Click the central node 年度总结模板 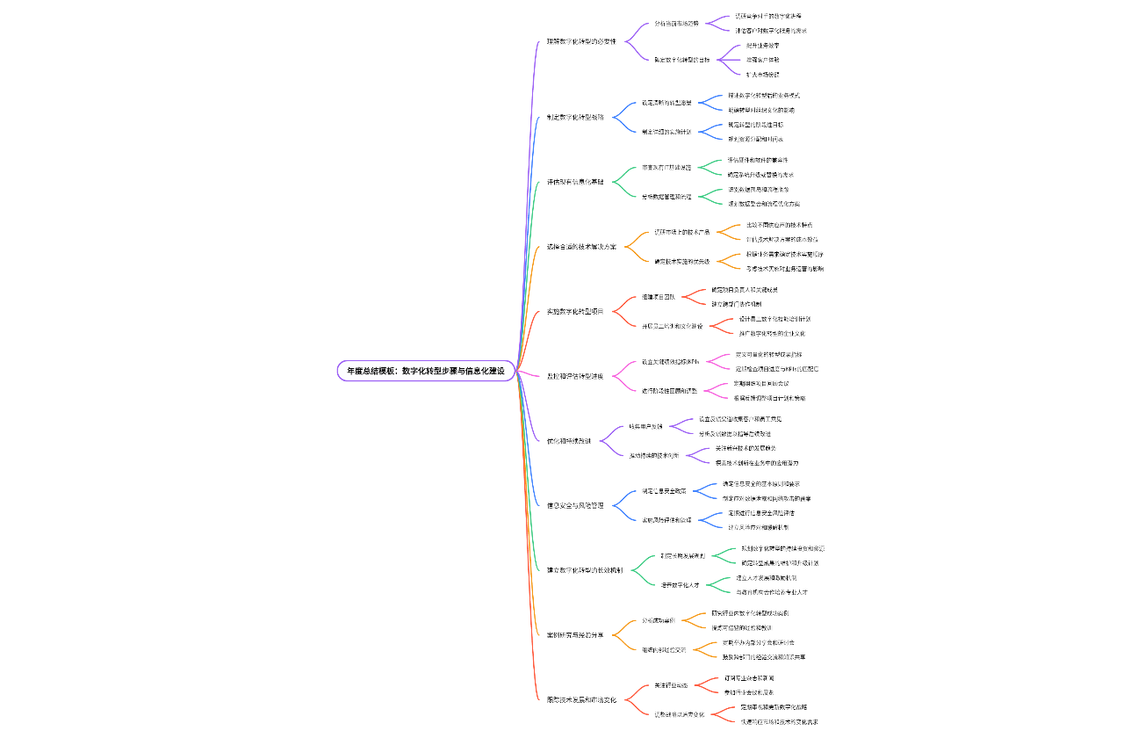click(426, 371)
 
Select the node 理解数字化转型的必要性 click(580, 41)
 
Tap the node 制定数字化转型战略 click(575, 117)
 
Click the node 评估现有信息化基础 click(575, 182)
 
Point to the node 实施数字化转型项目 click(575, 311)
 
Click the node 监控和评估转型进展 click(575, 376)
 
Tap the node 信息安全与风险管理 click(575, 505)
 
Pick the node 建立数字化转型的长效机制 click(585, 570)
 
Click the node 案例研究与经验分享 click(575, 634)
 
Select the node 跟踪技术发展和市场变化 click(581, 699)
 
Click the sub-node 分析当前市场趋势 click(676, 24)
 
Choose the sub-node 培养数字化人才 click(681, 584)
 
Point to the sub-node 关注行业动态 click(671, 684)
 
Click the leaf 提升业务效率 click(762, 45)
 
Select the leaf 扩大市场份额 click(762, 74)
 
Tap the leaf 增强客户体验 click(762, 60)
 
